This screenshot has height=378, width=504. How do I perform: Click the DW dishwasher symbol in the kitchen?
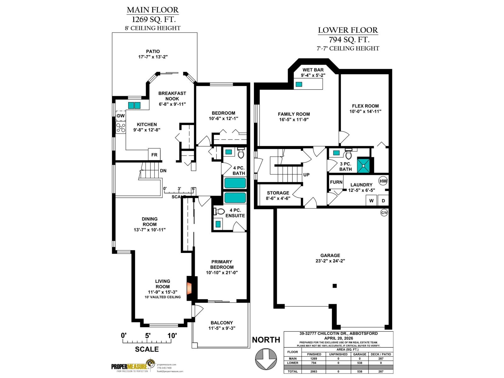coord(121,116)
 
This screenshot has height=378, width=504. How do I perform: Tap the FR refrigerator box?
coord(154,154)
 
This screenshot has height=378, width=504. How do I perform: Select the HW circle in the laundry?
coord(383,181)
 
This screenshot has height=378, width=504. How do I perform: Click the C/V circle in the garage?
coord(384,213)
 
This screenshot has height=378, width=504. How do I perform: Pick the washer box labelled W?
coord(371,200)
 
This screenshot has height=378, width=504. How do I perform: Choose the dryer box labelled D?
coord(383,200)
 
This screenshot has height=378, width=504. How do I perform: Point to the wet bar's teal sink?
coord(299,84)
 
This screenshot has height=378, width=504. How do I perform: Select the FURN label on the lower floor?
coord(336,182)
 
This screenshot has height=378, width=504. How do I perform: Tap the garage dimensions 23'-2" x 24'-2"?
coord(330,261)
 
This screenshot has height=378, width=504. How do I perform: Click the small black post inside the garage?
coord(335,286)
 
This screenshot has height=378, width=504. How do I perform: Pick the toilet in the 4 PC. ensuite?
coord(220,211)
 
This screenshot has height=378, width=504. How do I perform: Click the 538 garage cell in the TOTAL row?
coord(359,371)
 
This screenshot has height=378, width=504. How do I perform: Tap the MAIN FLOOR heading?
coord(152,10)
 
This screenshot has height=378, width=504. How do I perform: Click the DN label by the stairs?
coord(163,171)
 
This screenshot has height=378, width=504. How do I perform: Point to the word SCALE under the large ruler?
coord(147,349)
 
